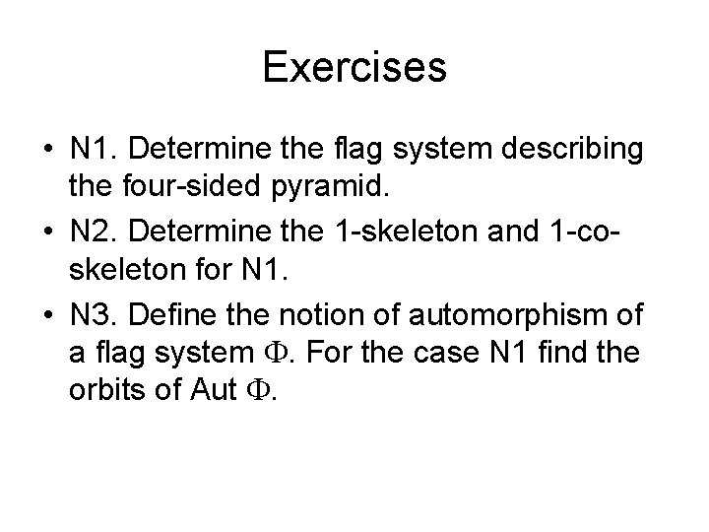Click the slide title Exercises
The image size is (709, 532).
[354, 68]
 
